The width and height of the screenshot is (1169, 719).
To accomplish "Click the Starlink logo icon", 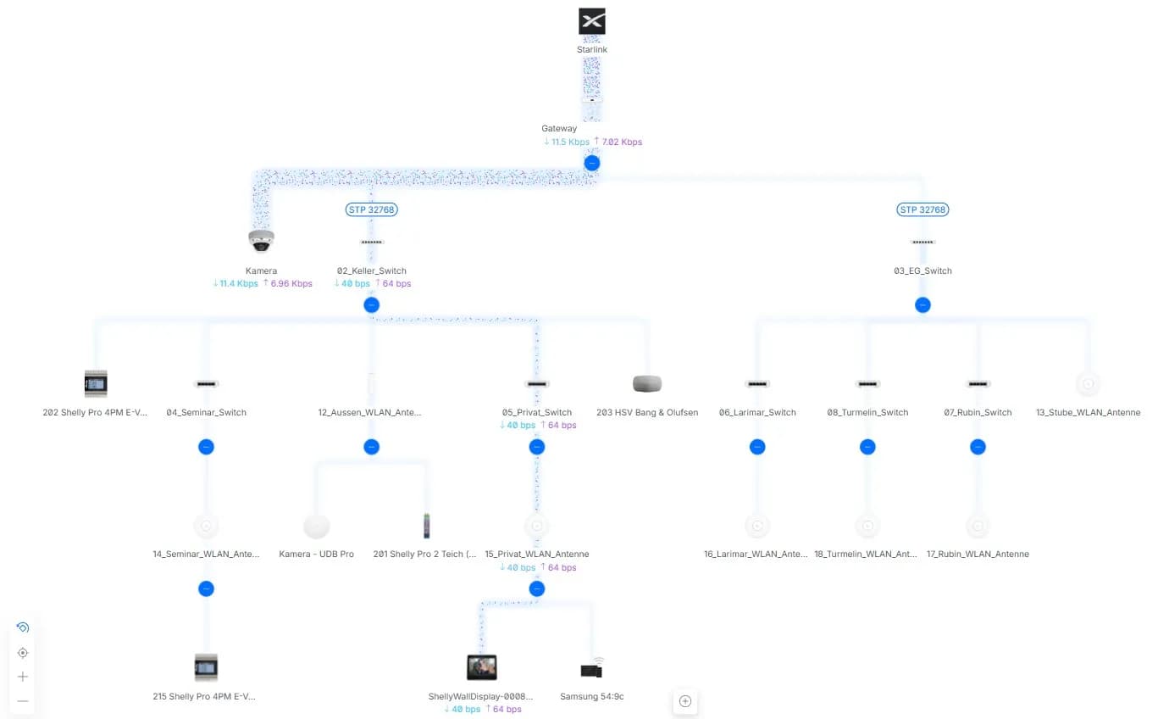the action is [592, 21].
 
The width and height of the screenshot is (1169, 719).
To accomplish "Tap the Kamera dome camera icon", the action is [261, 241].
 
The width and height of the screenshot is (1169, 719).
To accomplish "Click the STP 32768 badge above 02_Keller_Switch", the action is [372, 209].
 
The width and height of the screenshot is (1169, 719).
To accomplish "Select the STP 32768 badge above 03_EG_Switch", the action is [922, 209].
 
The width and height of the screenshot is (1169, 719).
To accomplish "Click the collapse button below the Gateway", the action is [592, 163].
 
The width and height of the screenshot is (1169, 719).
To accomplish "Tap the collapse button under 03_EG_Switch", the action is [922, 305].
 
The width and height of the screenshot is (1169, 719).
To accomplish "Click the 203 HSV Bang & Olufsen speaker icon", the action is [647, 383].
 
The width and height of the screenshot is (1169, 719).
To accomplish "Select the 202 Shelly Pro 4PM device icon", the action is [96, 383].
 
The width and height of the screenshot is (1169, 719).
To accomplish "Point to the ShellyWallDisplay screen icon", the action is [482, 667].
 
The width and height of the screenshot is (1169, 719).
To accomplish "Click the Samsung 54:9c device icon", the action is [592, 669].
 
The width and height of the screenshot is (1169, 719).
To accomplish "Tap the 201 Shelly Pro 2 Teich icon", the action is [426, 526].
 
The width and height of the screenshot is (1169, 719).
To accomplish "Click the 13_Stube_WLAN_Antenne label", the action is [1089, 412].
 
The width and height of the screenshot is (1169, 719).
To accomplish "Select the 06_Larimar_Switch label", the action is [757, 412].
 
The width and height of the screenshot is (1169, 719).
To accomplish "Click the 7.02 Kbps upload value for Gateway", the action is [622, 142].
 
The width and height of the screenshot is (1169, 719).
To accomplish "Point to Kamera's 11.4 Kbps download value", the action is [239, 283].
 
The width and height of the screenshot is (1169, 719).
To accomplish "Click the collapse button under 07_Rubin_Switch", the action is [978, 447].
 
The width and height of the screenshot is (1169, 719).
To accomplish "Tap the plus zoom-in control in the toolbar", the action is [22, 677].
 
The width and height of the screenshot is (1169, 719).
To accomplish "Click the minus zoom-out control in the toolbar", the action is [22, 701].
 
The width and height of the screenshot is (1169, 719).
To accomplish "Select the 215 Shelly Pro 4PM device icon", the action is [206, 667].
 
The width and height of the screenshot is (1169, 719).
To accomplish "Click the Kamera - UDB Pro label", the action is [316, 554].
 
